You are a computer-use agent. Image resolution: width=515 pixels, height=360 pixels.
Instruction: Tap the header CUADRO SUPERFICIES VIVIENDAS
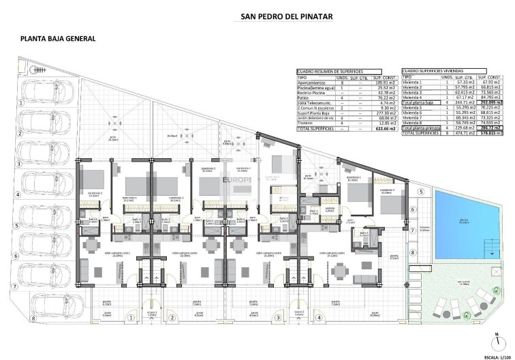click(x=431, y=71)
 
